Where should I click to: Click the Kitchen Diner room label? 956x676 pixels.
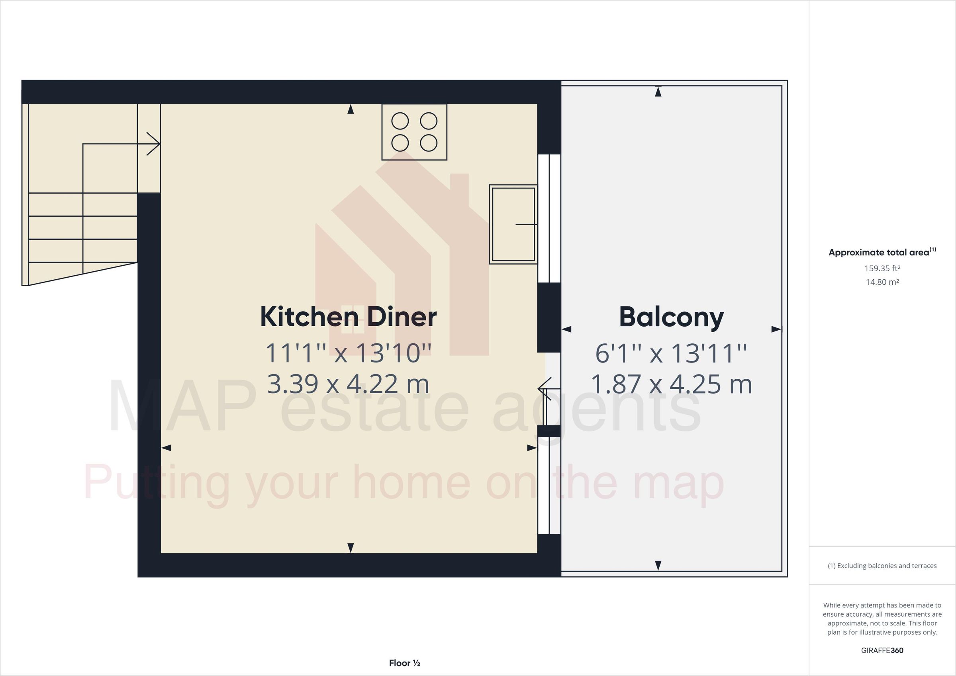tap(348, 317)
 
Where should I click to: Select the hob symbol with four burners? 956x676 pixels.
tap(414, 132)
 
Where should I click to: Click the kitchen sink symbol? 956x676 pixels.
tap(513, 225)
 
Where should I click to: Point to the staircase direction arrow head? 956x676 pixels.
tap(154, 144)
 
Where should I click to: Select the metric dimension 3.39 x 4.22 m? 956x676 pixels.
tap(348, 384)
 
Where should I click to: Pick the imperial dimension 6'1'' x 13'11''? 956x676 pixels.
tap(671, 353)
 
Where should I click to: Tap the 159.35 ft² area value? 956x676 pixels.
tap(882, 268)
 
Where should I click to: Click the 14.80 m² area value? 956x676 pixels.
tap(882, 282)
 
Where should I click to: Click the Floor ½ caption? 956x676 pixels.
tap(405, 663)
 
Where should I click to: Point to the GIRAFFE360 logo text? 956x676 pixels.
tap(882, 650)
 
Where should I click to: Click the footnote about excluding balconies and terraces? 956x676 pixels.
tap(882, 566)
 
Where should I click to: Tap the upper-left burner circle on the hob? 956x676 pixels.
tap(400, 121)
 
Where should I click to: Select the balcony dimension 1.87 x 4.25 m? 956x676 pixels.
tap(671, 384)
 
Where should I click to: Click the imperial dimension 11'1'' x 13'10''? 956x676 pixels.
tap(348, 353)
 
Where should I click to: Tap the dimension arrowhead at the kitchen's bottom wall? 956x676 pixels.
tap(351, 548)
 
